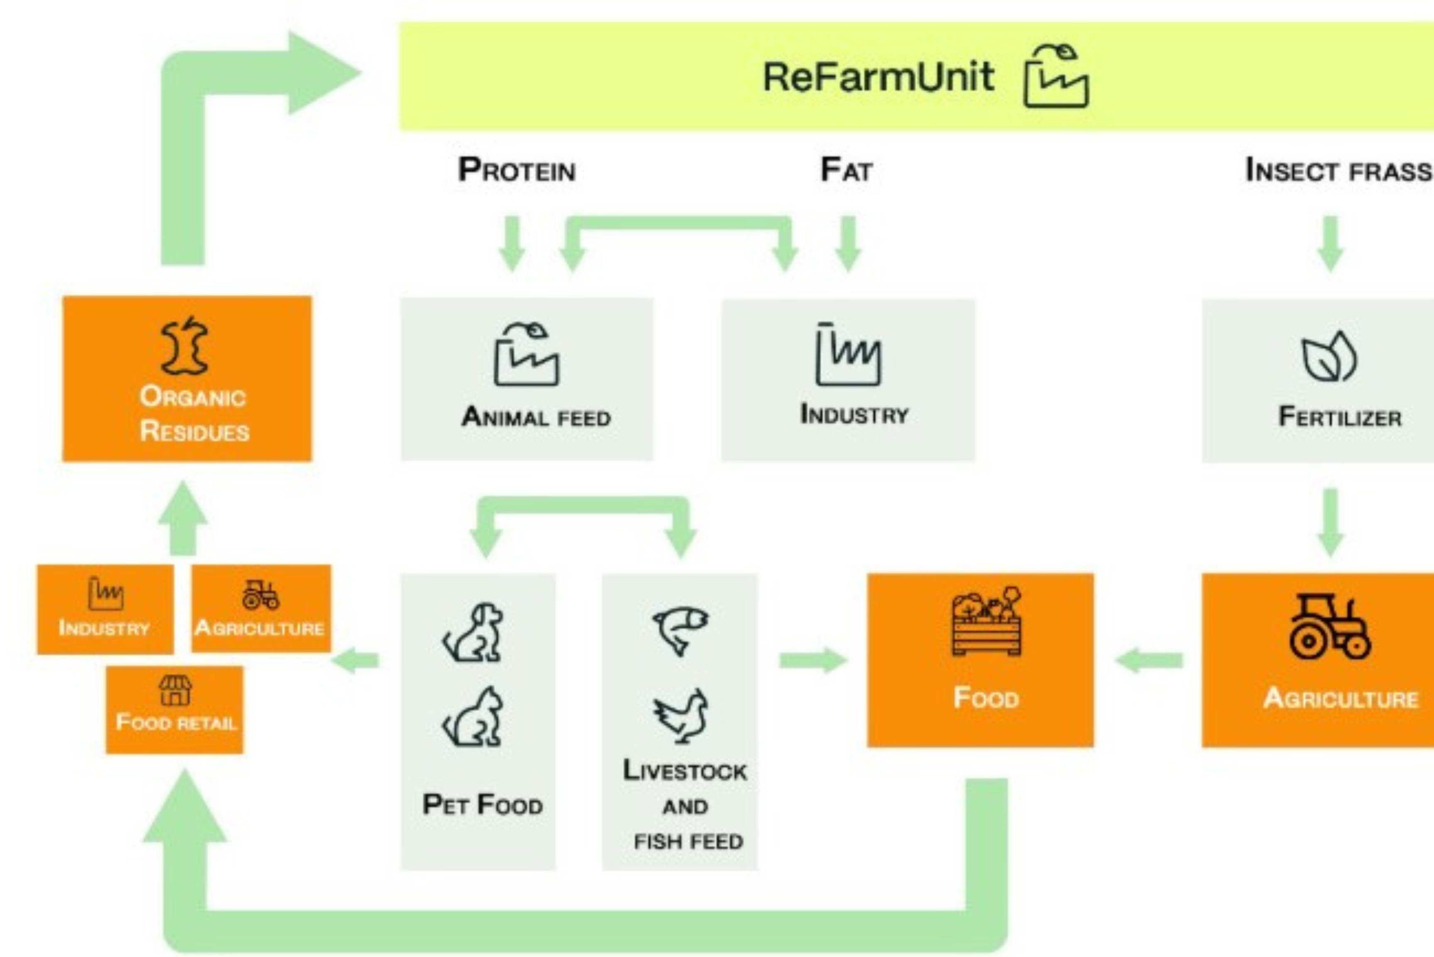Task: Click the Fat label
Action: [846, 170]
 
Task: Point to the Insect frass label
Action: [1338, 170]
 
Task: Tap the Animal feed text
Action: [536, 417]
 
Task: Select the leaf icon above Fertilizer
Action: [1329, 357]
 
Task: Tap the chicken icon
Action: [681, 716]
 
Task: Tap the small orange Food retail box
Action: [175, 709]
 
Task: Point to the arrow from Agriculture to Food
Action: [1149, 660]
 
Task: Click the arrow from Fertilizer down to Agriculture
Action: [1330, 522]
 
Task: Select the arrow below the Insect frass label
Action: [1330, 243]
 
